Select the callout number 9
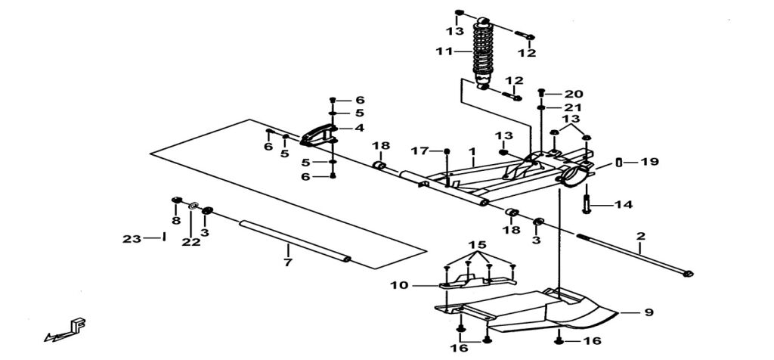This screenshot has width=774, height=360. click(x=649, y=312)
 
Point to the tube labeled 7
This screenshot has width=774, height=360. click(x=295, y=241)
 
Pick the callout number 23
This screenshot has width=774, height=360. click(x=132, y=239)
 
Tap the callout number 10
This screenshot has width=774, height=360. click(x=399, y=285)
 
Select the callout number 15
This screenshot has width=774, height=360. click(x=477, y=247)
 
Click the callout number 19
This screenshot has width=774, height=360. click(x=649, y=162)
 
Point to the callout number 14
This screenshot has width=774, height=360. click(x=623, y=204)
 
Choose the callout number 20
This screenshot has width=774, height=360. click(x=574, y=94)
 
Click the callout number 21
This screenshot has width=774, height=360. click(x=574, y=107)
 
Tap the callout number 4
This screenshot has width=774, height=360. click(x=359, y=128)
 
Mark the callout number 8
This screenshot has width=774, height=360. click(x=175, y=221)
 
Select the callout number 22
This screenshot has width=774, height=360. click(x=190, y=242)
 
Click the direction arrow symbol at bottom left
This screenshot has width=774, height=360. click(x=67, y=329)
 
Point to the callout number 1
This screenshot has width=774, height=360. click(x=472, y=151)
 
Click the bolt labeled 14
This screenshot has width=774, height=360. click(x=587, y=202)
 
